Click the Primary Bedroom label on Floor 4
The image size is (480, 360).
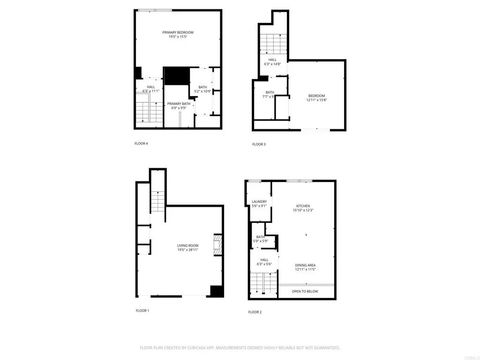coord(178,34)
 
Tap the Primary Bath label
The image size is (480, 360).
coord(180,105)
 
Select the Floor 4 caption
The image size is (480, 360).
coord(141,144)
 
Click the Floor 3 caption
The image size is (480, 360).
coord(258,144)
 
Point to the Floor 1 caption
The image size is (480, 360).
coord(141,311)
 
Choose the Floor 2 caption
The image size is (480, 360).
coord(255,312)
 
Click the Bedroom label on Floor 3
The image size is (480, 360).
coord(318,98)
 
